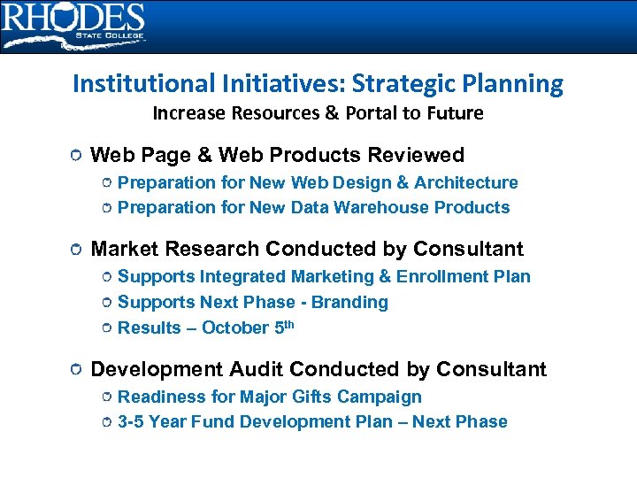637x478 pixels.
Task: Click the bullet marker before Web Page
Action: [77, 156]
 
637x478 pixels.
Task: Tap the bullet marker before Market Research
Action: [77, 250]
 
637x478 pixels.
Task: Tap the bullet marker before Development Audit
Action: [77, 369]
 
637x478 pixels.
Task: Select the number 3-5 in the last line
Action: [131, 421]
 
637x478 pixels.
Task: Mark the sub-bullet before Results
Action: [106, 328]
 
